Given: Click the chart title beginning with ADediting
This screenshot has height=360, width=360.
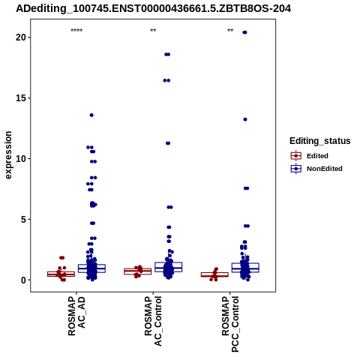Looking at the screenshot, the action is coord(153,9).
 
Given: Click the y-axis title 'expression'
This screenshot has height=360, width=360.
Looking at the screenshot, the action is coord(8,155).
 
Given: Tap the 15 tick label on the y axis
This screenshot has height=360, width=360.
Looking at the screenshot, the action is coord(21,98).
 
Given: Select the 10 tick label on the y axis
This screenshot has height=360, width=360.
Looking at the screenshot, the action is coord(21,159).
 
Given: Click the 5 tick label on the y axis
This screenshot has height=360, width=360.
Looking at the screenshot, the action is coord(23,220).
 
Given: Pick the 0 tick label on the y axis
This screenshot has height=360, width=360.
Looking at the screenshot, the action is coord(23,280).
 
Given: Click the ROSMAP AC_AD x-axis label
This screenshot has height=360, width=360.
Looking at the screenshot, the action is coord(76,316).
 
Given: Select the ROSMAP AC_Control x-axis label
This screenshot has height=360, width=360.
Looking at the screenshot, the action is coord(153,321).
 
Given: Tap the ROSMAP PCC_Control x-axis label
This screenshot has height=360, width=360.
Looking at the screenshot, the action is coord(230,324).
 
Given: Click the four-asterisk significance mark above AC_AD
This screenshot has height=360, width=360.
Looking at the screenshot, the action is coord(76,31).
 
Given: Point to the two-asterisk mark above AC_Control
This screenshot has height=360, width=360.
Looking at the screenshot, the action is coord(153,31).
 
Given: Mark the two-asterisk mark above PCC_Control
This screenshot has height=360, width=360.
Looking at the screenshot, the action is coord(230,31).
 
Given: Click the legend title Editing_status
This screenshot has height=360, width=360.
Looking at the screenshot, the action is coord(320,141).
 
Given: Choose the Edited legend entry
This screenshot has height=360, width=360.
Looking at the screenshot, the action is coord(310,156).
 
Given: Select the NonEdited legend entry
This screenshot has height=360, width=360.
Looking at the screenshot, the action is coord(316,169).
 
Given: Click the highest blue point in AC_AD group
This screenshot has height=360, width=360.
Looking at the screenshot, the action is coord(91,115).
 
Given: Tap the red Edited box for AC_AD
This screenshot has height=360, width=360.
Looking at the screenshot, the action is coord(61,274).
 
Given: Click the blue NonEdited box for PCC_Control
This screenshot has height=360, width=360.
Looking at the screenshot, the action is coord(245,268).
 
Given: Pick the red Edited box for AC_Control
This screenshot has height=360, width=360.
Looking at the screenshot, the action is coord(138,271).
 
